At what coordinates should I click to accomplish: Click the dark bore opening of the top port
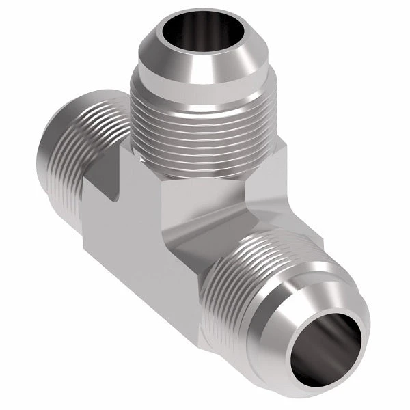pyautogui.click(x=193, y=35)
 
